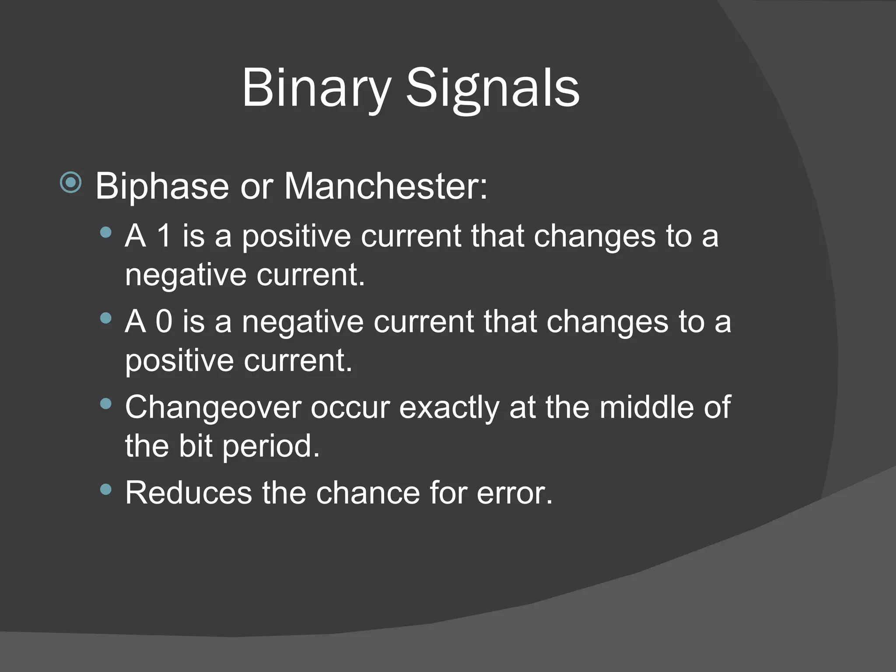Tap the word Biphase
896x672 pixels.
pos(162,186)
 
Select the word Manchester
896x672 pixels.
pos(385,186)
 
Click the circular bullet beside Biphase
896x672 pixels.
pos(70,182)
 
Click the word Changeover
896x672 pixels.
pos(213,407)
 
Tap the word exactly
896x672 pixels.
pos(449,407)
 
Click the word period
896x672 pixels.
pos(271,446)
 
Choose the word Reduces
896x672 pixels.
pos(189,493)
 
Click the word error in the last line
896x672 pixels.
pos(514,493)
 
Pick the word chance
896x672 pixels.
pos(367,493)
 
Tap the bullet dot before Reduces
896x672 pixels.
pos(105,489)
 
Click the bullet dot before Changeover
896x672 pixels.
pos(105,403)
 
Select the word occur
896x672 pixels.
pos(350,407)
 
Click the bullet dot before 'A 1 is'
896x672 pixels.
pos(105,232)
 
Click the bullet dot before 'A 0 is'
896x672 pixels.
pos(105,317)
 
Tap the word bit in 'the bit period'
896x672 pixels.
pos(195,446)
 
